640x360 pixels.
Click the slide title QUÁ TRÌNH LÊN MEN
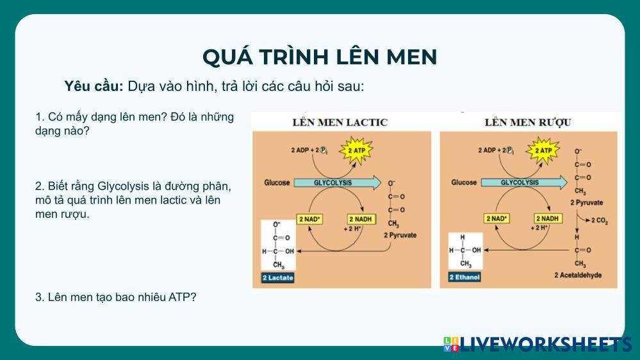tap(320, 57)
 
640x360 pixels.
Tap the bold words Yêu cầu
tap(94, 86)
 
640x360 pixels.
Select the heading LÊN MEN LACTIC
tap(340, 122)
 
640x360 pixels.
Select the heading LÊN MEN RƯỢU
tap(528, 122)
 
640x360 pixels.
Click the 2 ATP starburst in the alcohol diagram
tap(543, 151)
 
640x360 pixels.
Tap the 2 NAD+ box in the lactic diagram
tap(310, 219)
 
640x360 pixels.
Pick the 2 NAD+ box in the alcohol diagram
tap(497, 219)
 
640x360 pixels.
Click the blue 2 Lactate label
tap(277, 278)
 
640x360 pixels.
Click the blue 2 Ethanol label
tap(464, 278)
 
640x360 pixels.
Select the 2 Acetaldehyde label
tap(578, 275)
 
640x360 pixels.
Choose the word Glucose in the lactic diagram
tap(277, 183)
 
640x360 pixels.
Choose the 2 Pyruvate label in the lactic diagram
tap(400, 235)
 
